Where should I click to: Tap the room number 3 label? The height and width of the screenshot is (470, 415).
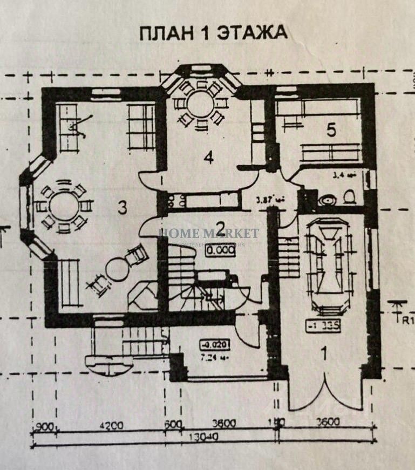click(x=123, y=208)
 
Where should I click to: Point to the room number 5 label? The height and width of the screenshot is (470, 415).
click(x=331, y=130)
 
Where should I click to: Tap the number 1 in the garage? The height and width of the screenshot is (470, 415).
click(x=324, y=354)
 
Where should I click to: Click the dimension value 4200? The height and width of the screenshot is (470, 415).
click(x=111, y=425)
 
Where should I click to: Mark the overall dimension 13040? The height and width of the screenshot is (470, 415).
click(x=200, y=437)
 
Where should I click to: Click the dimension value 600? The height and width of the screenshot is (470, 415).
click(x=172, y=425)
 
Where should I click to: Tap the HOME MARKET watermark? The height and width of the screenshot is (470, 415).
click(x=208, y=234)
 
